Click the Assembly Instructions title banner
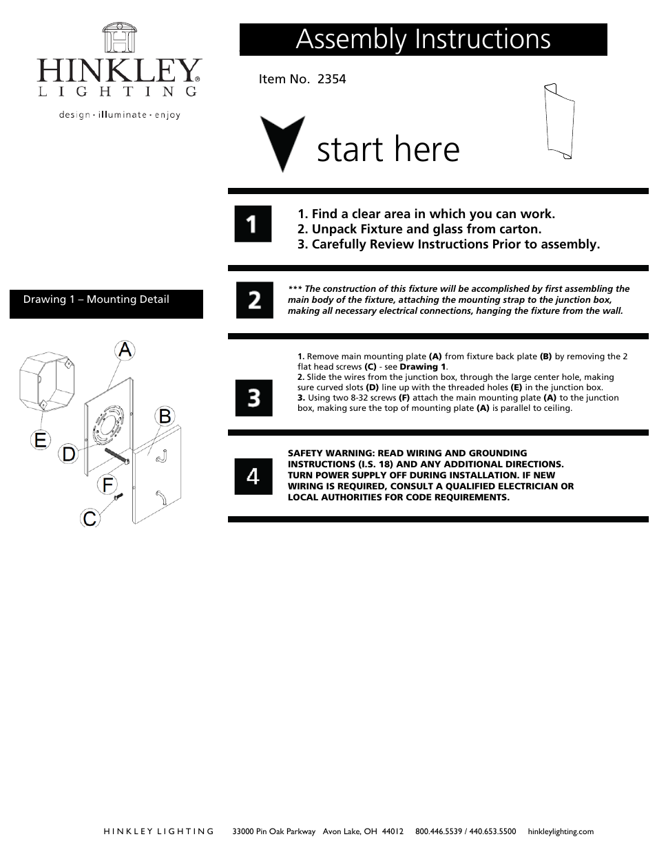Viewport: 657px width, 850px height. tap(423, 39)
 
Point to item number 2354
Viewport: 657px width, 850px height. tap(302, 79)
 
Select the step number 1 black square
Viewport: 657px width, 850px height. tap(253, 224)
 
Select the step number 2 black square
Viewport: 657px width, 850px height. tap(254, 300)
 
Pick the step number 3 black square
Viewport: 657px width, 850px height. tap(253, 398)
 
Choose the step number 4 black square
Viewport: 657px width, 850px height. tap(253, 476)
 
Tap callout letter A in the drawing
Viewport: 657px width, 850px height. tap(124, 350)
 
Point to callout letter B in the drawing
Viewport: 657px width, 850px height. tap(165, 416)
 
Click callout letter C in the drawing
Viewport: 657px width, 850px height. tap(90, 518)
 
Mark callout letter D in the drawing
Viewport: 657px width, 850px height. tap(68, 454)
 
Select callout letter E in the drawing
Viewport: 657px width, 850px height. tap(41, 439)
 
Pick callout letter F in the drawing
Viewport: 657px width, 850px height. tap(107, 485)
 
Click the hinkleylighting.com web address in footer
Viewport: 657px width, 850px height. tap(560, 831)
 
